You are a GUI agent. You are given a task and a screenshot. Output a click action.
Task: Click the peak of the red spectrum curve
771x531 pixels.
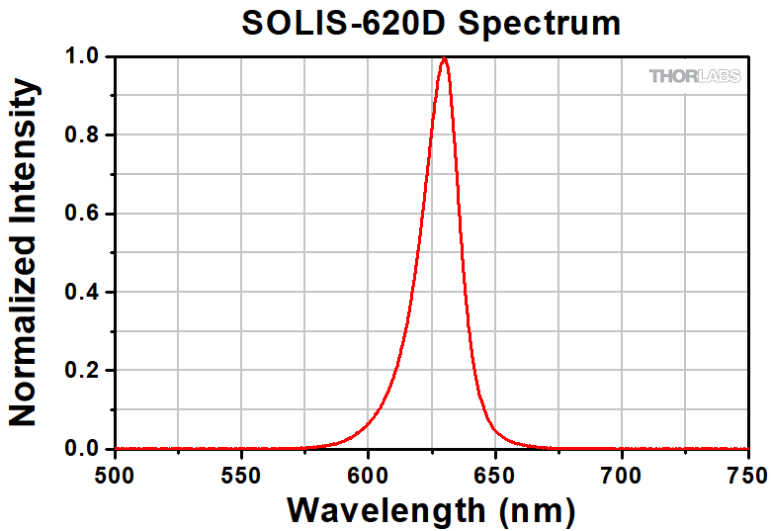point(444,58)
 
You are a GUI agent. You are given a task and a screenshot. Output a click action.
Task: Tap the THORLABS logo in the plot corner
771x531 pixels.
point(694,76)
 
